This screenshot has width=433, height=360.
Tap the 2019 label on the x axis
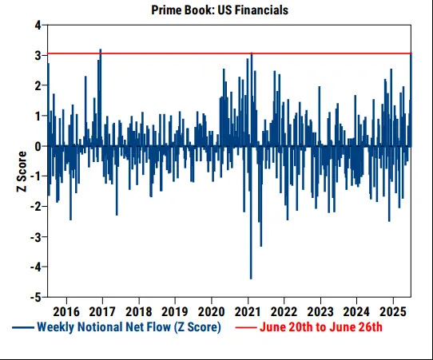click(175, 311)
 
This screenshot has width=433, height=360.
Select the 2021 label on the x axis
click(248, 311)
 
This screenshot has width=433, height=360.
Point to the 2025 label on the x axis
click(392, 311)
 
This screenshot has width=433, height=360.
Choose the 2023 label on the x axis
click(320, 311)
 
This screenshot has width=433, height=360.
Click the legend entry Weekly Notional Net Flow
click(129, 327)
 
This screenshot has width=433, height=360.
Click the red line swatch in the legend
click(244, 328)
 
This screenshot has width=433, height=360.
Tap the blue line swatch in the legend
click(22, 328)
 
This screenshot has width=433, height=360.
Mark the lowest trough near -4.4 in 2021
click(251, 278)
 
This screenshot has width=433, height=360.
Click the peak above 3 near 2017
click(101, 50)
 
